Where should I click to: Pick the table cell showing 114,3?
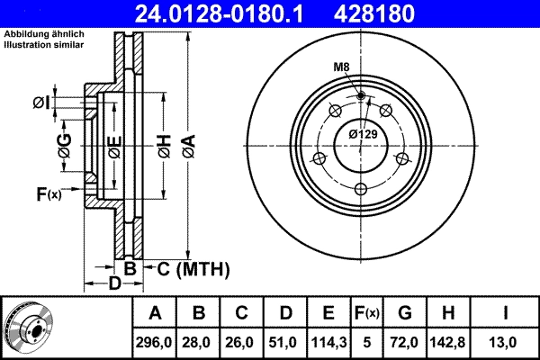(328, 342)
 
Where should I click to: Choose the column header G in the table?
(404, 314)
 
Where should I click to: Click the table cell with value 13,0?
(507, 342)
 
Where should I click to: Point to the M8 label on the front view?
(342, 68)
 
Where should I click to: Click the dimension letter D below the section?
(114, 283)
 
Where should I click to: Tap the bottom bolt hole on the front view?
(361, 188)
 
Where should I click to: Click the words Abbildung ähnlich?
(44, 34)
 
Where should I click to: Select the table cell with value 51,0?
(285, 342)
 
